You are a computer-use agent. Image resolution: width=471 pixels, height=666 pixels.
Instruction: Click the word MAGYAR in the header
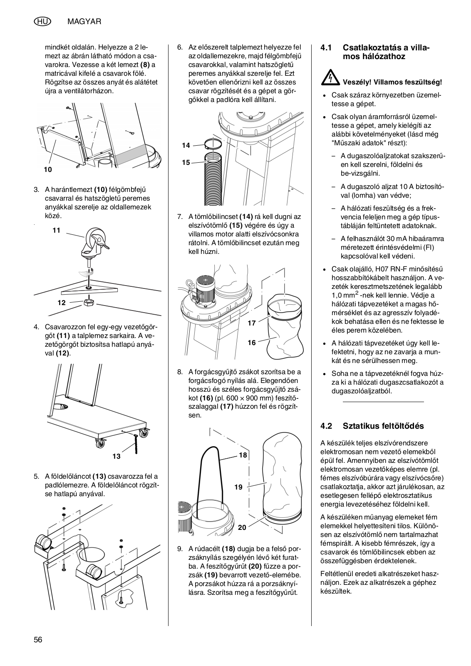click(84, 21)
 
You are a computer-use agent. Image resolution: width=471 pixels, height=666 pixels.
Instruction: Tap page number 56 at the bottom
click(38, 640)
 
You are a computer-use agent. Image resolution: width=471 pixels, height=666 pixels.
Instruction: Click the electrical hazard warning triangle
click(329, 76)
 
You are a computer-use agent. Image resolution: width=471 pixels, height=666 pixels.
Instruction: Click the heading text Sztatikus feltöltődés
click(383, 426)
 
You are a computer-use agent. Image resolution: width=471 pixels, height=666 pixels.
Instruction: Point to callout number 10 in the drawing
click(47, 169)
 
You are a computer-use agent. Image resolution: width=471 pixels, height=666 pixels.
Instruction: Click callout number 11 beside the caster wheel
click(57, 230)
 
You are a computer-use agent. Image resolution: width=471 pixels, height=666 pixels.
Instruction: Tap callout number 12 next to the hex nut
click(62, 303)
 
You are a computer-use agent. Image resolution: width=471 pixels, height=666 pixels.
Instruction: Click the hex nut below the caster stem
click(88, 302)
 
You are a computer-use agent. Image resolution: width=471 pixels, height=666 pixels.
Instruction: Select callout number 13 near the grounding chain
click(117, 456)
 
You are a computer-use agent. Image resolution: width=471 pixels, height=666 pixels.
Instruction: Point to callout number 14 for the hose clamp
click(186, 145)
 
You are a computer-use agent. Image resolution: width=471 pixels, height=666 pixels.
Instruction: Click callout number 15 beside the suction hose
click(186, 162)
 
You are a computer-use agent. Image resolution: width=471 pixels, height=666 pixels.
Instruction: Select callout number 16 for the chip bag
click(252, 343)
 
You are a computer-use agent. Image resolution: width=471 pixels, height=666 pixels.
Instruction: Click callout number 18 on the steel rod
click(243, 455)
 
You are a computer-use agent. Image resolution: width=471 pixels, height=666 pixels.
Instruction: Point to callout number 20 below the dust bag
click(242, 527)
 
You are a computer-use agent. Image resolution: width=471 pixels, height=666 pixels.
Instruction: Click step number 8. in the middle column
click(180, 371)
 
